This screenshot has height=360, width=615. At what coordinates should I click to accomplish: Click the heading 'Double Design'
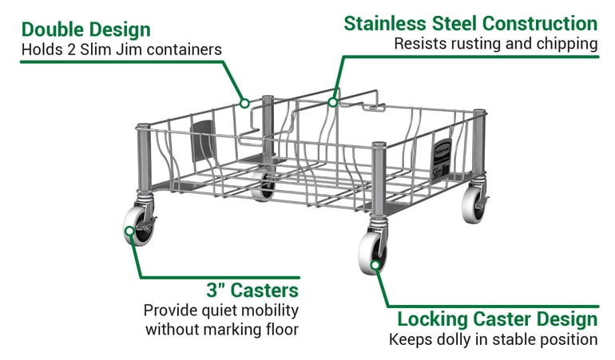tap(85, 30)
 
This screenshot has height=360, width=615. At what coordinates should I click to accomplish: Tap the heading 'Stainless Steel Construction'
tap(470, 23)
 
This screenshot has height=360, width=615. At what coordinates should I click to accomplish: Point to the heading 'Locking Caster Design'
tap(497, 319)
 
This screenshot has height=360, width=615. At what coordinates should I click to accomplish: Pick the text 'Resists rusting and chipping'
tap(495, 44)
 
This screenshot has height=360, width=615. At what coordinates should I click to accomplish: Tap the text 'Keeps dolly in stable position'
tap(493, 339)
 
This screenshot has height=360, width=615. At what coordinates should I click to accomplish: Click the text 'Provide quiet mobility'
tap(221, 310)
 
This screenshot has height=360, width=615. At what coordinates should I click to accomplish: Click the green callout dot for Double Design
tap(245, 102)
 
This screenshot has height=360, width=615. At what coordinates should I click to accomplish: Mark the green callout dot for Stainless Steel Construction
tap(333, 101)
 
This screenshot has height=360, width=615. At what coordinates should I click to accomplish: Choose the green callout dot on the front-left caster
tap(129, 232)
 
